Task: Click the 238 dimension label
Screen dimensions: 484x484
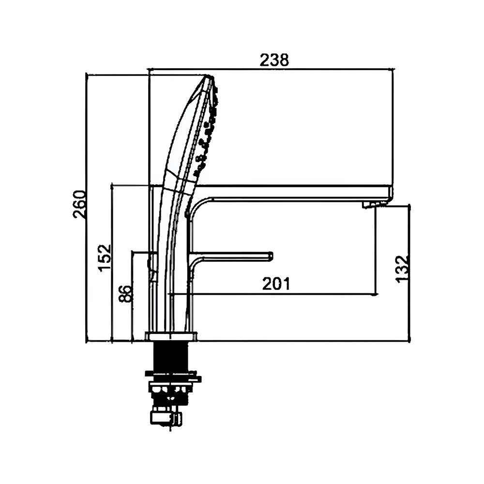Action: point(274,60)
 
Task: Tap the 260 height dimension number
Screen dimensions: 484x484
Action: point(79,204)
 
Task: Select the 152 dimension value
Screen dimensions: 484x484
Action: point(104,258)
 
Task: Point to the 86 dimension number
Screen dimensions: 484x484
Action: point(126,294)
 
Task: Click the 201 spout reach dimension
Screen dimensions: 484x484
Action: point(276,284)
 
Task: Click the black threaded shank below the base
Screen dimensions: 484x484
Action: point(170,356)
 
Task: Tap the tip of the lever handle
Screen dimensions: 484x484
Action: point(272,256)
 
